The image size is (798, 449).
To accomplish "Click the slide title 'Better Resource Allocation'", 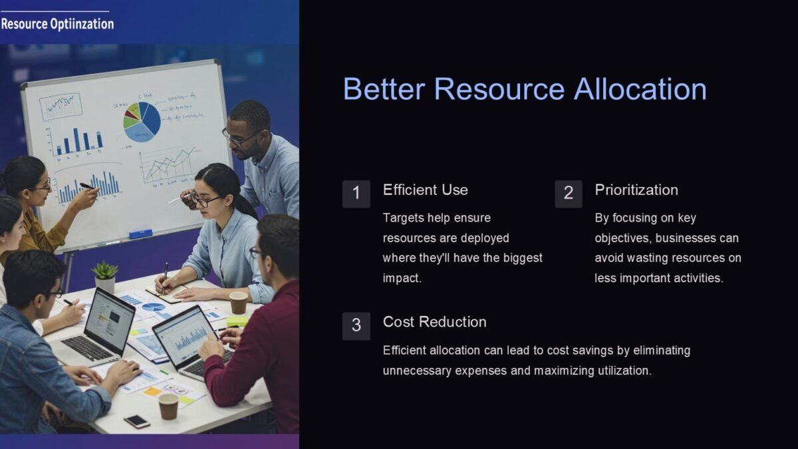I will pyautogui.click(x=525, y=89).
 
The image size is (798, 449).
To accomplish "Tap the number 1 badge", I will pyautogui.click(x=356, y=194).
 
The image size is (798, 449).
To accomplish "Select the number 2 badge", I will pyautogui.click(x=568, y=194).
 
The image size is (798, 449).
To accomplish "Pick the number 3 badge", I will pyautogui.click(x=356, y=326).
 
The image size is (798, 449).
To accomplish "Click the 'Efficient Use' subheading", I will pyautogui.click(x=426, y=190).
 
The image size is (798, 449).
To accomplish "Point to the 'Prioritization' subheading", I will pyautogui.click(x=636, y=190).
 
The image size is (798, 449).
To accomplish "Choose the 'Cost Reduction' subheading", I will pyautogui.click(x=435, y=322).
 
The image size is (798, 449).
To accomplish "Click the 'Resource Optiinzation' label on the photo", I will pyautogui.click(x=57, y=25).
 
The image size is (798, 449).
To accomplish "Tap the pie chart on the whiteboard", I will pyautogui.click(x=142, y=120).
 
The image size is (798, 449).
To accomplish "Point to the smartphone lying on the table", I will pyautogui.click(x=136, y=421).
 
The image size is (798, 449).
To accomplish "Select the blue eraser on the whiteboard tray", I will pyautogui.click(x=141, y=233).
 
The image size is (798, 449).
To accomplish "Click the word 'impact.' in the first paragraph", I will pyautogui.click(x=402, y=278).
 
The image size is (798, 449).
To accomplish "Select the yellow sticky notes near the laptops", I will pyautogui.click(x=237, y=321).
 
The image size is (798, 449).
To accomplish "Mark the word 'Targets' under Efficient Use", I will pyautogui.click(x=404, y=218).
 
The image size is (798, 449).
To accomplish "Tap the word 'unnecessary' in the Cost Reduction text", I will pyautogui.click(x=417, y=371).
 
